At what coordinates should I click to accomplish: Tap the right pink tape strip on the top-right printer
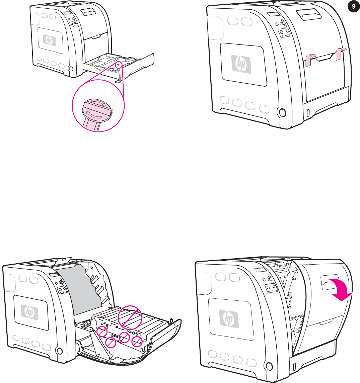point(341,54)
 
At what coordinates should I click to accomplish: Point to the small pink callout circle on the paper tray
point(119,65)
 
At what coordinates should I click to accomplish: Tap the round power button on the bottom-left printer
point(59,351)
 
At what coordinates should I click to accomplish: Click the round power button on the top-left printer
point(70,69)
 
